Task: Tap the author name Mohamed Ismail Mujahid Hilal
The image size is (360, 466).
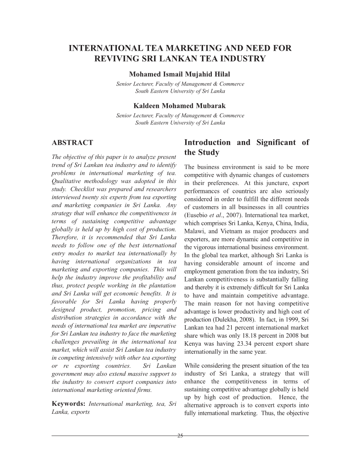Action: (x=180, y=75)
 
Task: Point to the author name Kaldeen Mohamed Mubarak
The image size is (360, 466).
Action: (x=180, y=106)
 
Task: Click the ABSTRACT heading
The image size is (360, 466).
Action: (x=72, y=143)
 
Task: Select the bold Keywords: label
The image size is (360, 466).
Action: (x=68, y=404)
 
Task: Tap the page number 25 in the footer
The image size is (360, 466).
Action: (x=180, y=436)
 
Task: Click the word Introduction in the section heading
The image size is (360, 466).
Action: (x=207, y=143)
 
